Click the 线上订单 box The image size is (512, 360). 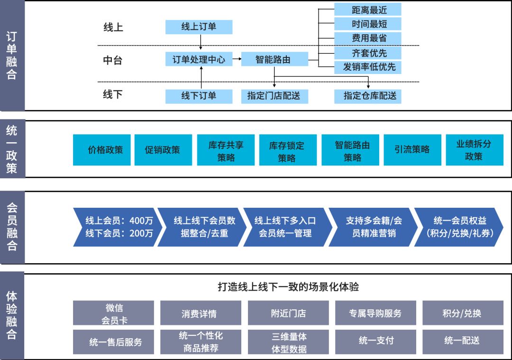tap(199, 27)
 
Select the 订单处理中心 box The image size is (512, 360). tap(199, 59)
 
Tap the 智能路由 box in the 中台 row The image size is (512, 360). tap(274, 59)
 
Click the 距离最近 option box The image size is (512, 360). tap(368, 10)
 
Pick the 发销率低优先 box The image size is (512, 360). tap(368, 67)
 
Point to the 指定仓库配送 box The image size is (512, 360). tap(368, 96)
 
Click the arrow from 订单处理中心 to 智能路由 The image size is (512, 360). tap(237, 59)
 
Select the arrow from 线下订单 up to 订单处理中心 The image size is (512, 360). tap(201, 78)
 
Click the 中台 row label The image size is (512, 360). tap(113, 60)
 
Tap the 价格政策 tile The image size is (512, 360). tap(102, 150)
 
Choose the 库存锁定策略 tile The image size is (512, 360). tap(288, 150)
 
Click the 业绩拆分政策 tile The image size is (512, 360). tap(475, 150)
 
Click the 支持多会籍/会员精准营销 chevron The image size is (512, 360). tap(374, 227)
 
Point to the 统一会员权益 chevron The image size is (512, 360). tap(459, 227)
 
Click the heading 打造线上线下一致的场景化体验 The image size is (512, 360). tap(288, 287)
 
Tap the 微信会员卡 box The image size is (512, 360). tap(113, 313)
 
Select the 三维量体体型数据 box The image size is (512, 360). tap(288, 342)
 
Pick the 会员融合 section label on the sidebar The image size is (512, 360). tap(12, 227)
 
